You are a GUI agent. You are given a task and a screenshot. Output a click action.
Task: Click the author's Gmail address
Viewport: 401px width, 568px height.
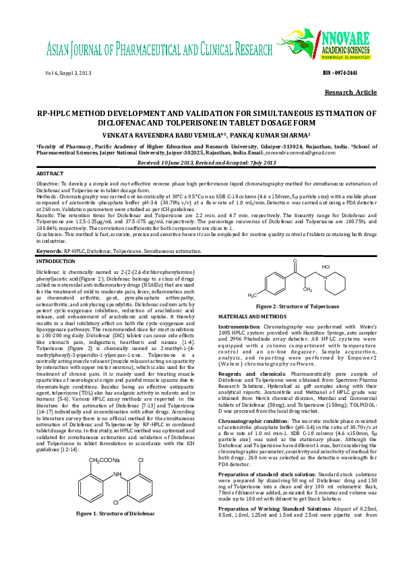[x=292, y=154]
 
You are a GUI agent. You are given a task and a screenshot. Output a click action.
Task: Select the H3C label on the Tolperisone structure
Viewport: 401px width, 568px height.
[x=252, y=295]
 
